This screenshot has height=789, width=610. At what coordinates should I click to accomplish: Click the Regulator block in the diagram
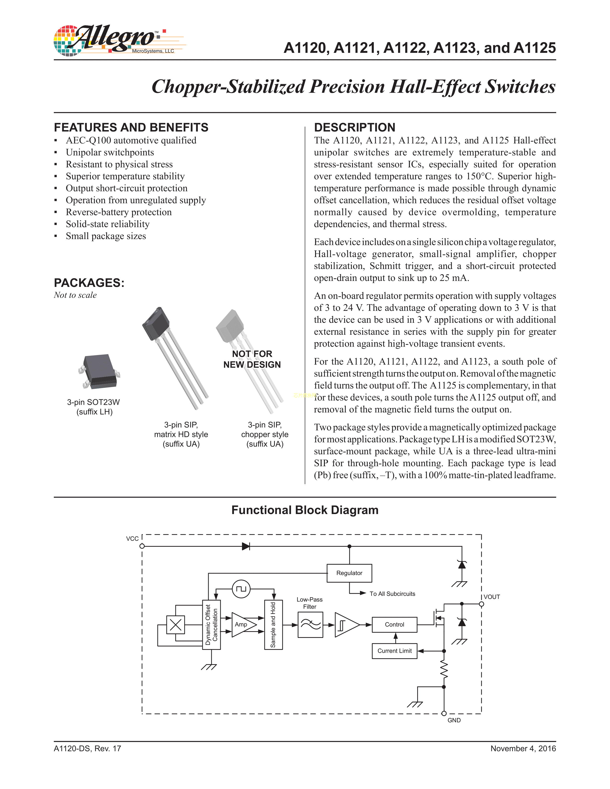(x=349, y=573)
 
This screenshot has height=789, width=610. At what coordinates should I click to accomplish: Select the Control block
(x=394, y=625)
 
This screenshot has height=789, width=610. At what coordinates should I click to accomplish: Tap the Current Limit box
(x=394, y=651)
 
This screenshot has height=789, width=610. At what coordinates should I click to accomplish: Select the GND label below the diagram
(x=454, y=720)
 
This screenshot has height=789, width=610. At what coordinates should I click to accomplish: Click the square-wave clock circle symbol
(x=241, y=589)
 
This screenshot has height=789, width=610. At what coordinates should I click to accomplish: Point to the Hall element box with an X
(x=176, y=625)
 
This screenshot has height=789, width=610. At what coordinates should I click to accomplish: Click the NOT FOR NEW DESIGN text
(x=252, y=359)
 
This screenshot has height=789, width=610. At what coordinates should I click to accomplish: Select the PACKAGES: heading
(x=89, y=283)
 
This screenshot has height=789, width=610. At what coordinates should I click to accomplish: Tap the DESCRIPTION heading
(x=355, y=127)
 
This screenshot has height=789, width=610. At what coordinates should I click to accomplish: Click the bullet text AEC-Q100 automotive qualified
(x=131, y=141)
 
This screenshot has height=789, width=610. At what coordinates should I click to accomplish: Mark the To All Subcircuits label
(x=392, y=594)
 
